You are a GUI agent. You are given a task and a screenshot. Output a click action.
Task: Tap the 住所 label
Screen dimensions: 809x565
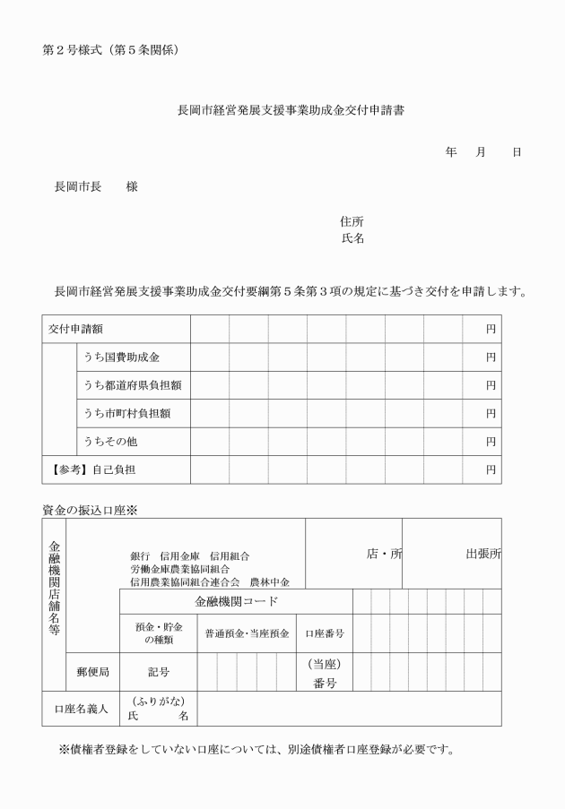tap(352, 221)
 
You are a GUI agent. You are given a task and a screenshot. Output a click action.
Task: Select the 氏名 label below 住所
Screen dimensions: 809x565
tap(352, 238)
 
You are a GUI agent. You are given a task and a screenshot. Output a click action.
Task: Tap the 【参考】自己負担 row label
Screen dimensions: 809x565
tap(89, 469)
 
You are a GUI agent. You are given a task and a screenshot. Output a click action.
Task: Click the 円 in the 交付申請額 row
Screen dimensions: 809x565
tap(491, 329)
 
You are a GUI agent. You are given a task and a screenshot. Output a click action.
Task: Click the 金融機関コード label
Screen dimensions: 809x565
tap(236, 601)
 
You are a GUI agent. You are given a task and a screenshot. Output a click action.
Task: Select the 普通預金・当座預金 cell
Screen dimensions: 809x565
tap(247, 633)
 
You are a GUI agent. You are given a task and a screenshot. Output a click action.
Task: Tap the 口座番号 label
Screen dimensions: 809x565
tap(325, 633)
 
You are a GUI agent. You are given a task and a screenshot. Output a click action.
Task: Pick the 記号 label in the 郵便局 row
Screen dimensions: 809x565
tap(158, 672)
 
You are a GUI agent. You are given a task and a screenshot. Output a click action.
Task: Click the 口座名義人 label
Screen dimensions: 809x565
tap(81, 709)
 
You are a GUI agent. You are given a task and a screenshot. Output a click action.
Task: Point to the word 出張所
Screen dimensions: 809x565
tap(482, 554)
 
